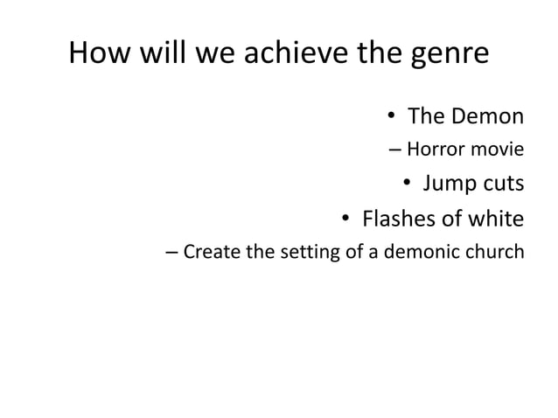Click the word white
coord(498,218)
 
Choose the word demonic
coord(422,253)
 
